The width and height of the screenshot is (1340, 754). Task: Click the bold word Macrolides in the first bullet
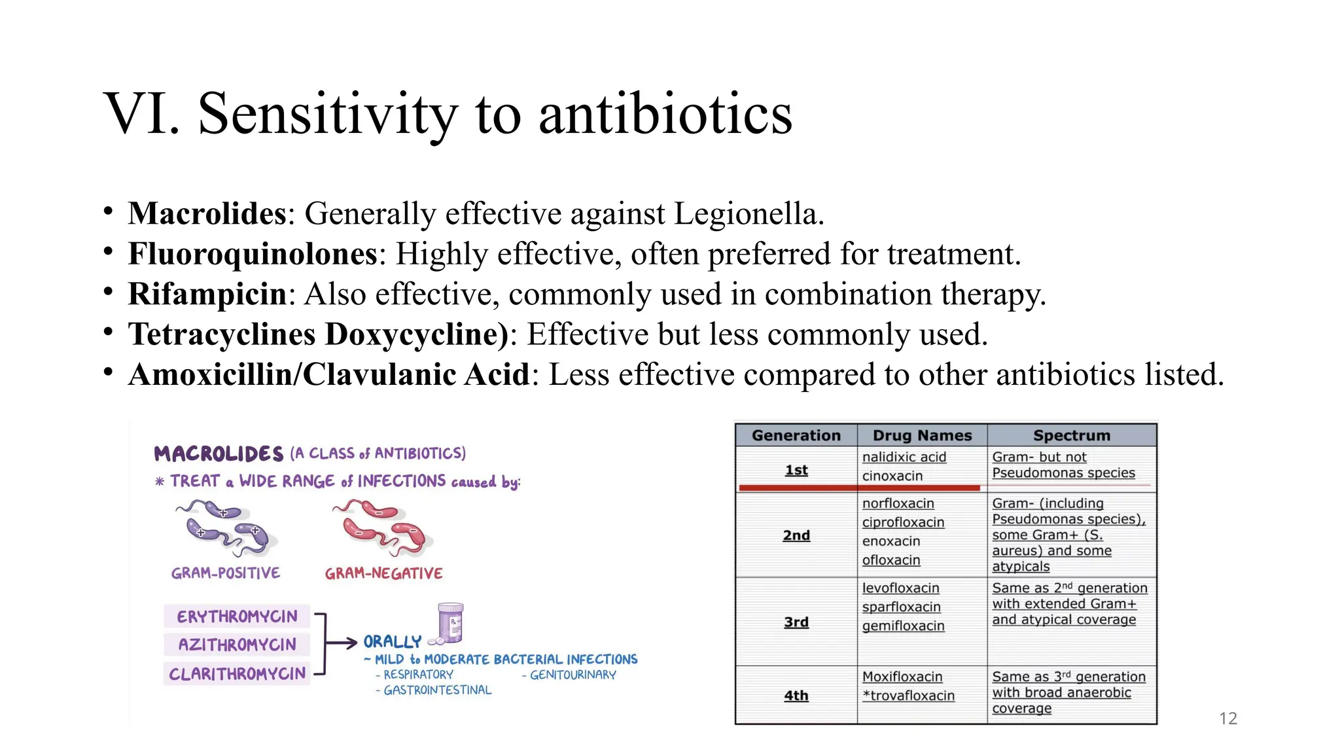[207, 214]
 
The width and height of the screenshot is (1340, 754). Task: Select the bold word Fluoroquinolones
[253, 254]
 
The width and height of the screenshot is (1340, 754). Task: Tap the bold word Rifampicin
[207, 295]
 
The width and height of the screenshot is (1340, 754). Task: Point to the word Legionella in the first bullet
[747, 214]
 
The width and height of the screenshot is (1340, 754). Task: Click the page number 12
[1228, 719]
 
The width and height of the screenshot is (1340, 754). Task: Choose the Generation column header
[796, 435]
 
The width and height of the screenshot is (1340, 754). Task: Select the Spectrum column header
[1071, 435]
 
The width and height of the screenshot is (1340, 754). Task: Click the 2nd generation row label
[796, 535]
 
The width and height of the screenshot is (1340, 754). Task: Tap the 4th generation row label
[796, 696]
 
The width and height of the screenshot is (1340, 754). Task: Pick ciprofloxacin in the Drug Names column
[903, 522]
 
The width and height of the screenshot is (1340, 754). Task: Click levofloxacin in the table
[900, 588]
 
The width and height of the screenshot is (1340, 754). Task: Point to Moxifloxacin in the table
[902, 677]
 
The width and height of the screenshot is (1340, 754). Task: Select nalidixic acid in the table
[904, 457]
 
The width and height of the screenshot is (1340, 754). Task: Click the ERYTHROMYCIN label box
[237, 617]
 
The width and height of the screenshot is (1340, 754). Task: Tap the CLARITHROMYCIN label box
[237, 673]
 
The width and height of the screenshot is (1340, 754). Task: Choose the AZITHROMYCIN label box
[237, 645]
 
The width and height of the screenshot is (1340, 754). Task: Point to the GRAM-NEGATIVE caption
[383, 574]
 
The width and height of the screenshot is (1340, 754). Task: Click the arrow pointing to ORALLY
[342, 643]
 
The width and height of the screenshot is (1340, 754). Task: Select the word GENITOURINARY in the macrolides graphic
[573, 675]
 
